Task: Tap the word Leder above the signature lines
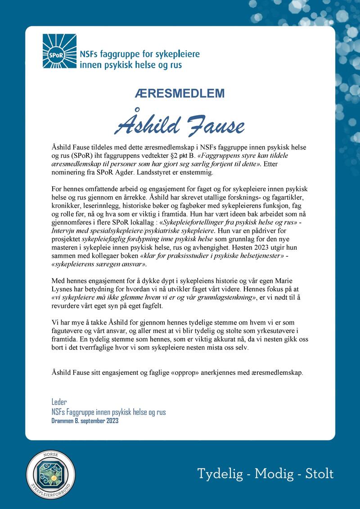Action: [x=59, y=402]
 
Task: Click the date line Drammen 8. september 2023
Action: [x=85, y=421]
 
